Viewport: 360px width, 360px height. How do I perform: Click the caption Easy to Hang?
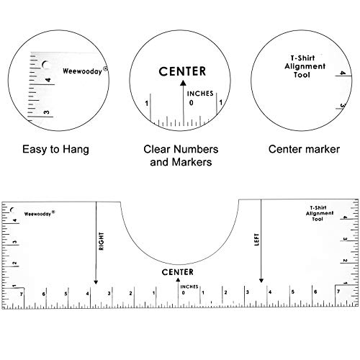[x=55, y=150]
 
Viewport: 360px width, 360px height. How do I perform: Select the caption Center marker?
[x=304, y=149]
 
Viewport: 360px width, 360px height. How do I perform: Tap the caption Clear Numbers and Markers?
[x=181, y=156]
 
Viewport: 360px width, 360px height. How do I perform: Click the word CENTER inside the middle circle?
[x=182, y=71]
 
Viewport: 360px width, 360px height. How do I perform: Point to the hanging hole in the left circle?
[x=46, y=65]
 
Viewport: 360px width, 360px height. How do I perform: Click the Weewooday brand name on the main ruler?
[x=40, y=213]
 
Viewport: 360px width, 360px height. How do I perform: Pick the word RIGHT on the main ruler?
[x=102, y=241]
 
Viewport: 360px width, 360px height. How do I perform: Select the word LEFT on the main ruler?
[x=256, y=240]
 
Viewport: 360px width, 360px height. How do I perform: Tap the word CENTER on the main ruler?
[x=178, y=272]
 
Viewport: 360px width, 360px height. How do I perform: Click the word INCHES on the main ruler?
[x=189, y=287]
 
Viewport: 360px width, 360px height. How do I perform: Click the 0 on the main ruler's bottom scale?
[x=184, y=292]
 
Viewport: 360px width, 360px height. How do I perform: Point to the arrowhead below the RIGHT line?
[x=96, y=282]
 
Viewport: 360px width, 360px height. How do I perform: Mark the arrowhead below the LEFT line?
[x=261, y=281]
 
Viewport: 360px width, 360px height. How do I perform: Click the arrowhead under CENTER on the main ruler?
[x=178, y=279]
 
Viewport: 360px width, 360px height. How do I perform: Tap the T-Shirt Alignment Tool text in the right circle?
[x=305, y=66]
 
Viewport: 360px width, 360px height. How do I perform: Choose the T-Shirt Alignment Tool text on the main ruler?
[x=320, y=213]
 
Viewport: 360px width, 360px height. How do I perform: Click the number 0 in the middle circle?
[x=191, y=103]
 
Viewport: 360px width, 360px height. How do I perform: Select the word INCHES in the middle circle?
[x=200, y=94]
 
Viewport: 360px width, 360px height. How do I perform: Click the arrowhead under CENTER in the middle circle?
[x=183, y=83]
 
